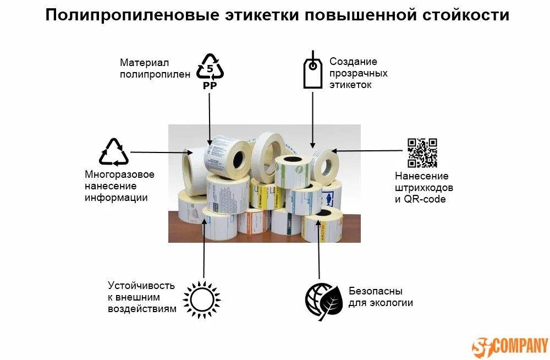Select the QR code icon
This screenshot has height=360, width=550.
coord(422,152)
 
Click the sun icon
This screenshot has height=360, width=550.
coord(201,299)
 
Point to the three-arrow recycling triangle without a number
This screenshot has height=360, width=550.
coord(114,152)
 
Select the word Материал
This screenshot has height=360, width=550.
coord(144,63)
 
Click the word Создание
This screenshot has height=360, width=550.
coord(353,62)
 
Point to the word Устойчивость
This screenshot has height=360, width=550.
coord(141,285)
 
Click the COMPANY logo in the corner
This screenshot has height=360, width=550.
coord(510,346)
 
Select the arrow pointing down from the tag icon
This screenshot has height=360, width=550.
coord(313,119)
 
